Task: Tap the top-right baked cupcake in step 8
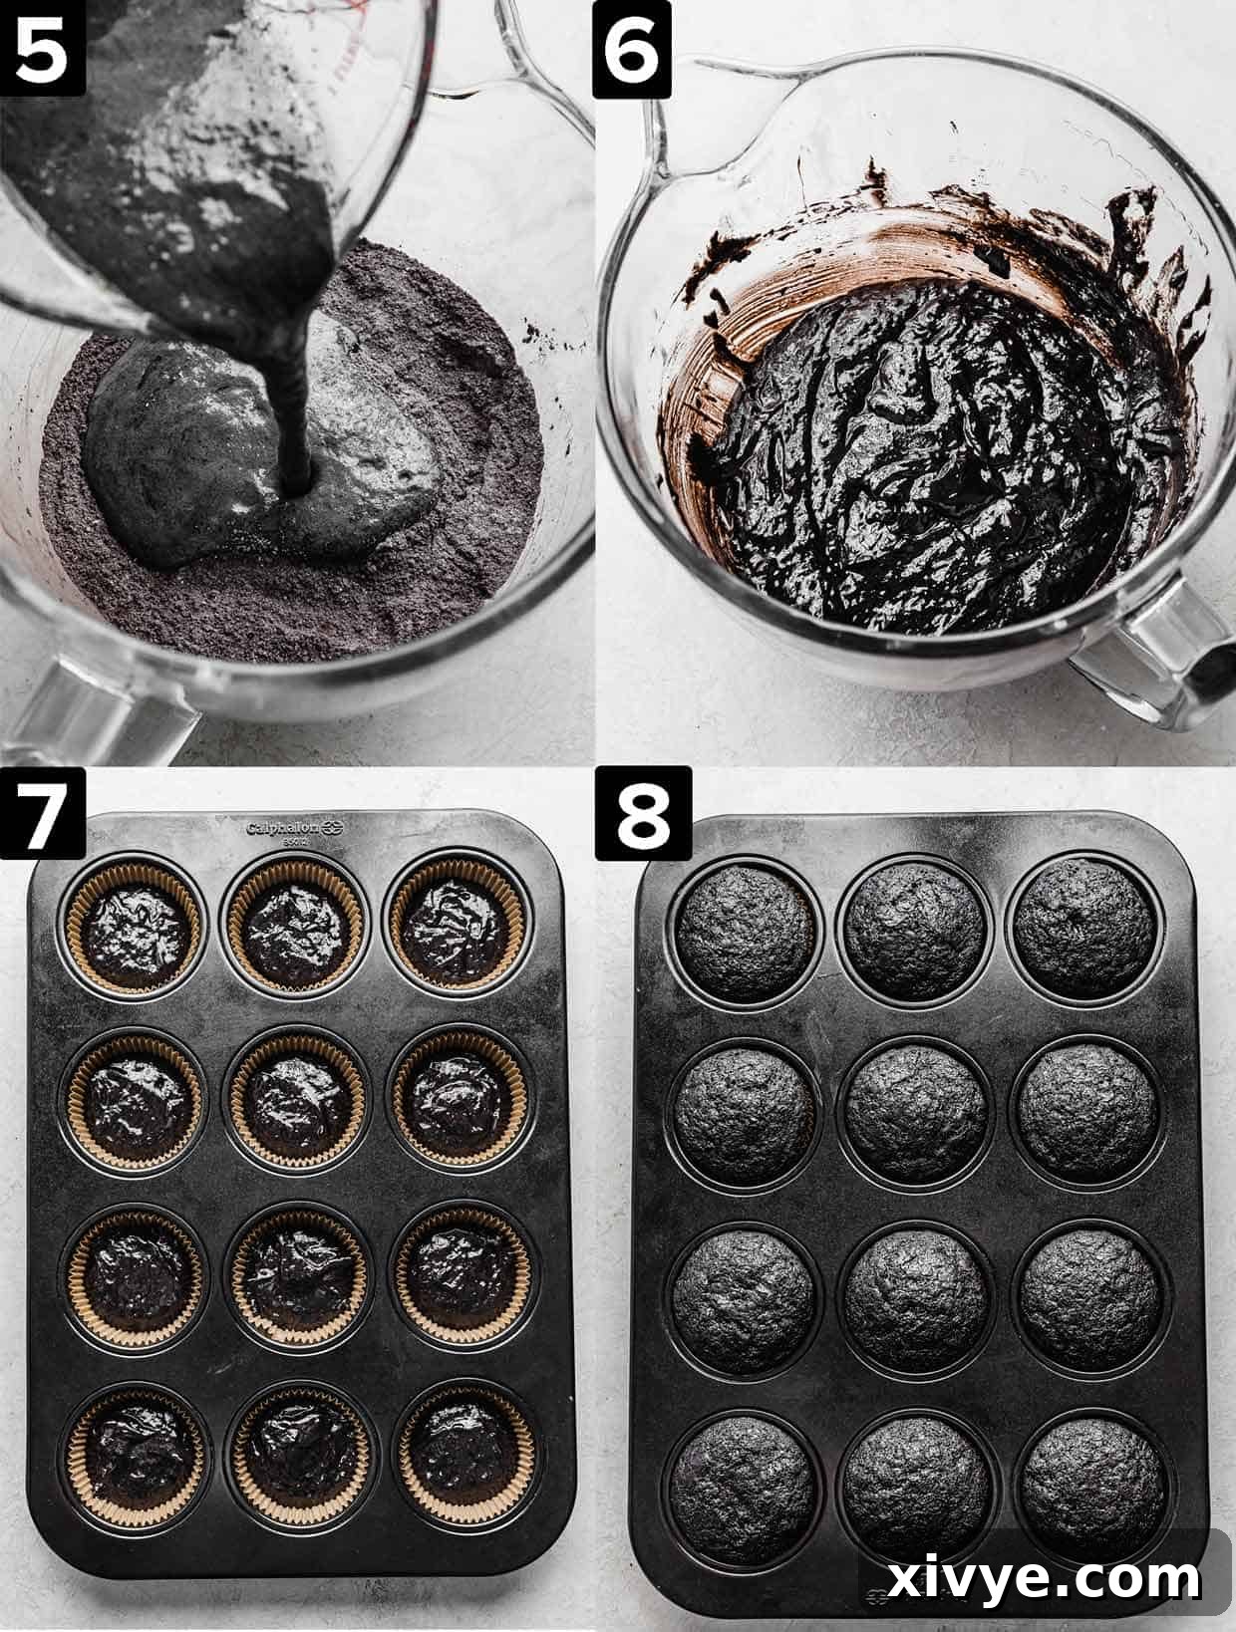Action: (x=1084, y=924)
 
